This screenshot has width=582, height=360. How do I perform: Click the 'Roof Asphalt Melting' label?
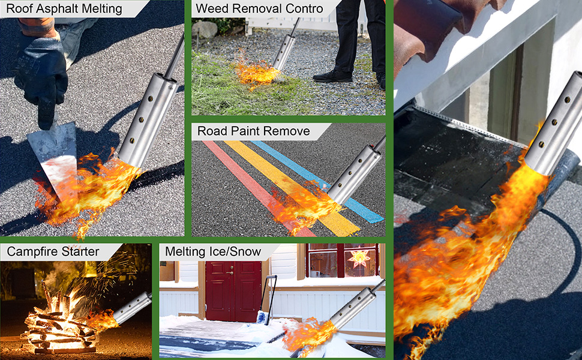(64, 8)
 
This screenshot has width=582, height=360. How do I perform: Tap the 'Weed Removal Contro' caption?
(259, 8)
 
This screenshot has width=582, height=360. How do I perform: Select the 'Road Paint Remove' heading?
(254, 131)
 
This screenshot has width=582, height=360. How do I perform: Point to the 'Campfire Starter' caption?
(53, 251)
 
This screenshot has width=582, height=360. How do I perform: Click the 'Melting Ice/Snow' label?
(213, 251)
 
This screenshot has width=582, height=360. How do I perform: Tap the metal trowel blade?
(54, 156)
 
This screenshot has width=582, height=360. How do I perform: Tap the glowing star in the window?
(359, 257)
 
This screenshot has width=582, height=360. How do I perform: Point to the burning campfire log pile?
(59, 323)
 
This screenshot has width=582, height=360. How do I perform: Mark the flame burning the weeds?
(256, 73)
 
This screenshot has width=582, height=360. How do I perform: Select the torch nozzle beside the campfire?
(133, 308)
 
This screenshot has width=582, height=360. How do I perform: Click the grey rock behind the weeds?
(205, 29)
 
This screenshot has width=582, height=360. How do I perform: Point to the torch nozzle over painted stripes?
(355, 173)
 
